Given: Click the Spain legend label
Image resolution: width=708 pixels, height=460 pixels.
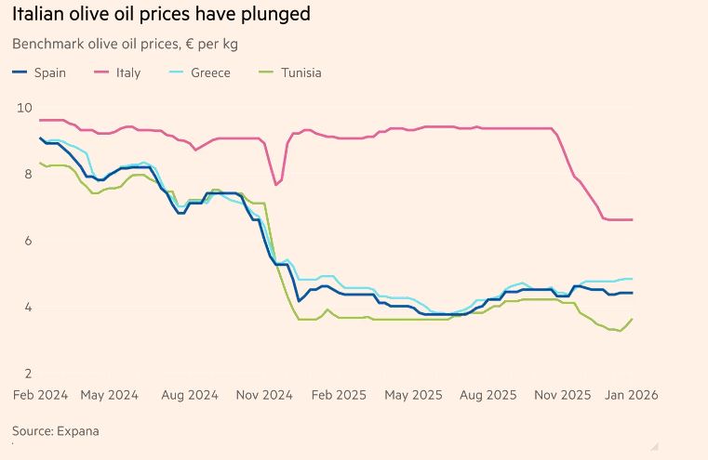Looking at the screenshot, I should coord(49,72).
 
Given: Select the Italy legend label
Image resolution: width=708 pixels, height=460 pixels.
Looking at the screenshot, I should coord(128,72).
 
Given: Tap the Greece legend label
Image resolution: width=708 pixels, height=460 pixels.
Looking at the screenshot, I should coord(209,72).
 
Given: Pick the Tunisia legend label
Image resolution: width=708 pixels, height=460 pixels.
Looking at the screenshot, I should coord(301,72).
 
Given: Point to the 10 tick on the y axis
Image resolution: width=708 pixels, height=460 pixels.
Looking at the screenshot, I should coord(24,108).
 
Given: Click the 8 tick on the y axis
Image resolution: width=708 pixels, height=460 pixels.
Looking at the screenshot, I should coord(28,174).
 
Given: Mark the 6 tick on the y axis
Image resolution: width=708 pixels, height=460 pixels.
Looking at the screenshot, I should coord(28,241).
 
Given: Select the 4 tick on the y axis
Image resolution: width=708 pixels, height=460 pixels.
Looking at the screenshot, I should coord(28,308).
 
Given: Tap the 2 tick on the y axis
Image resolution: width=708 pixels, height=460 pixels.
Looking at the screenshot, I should coord(28,374).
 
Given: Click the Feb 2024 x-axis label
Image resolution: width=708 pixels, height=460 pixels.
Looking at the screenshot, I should coord(40,395).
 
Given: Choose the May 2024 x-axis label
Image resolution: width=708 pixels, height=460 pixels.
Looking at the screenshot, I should coord(109,395).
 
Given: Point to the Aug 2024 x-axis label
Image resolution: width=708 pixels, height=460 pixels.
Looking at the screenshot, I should coord(190,395).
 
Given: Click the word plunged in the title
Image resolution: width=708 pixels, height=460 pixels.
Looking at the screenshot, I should coord(276,15).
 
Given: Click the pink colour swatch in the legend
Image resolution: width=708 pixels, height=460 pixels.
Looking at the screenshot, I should coord(101,72).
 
